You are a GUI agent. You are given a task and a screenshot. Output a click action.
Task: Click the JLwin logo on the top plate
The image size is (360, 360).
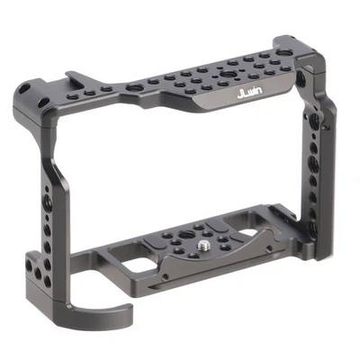click(248, 94)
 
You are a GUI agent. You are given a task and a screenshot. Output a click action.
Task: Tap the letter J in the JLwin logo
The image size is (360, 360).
click(238, 93)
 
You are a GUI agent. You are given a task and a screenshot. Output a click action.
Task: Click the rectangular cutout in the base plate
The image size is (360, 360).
click(139, 270)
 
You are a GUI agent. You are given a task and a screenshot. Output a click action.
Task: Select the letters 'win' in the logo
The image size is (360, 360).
click(255, 94)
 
